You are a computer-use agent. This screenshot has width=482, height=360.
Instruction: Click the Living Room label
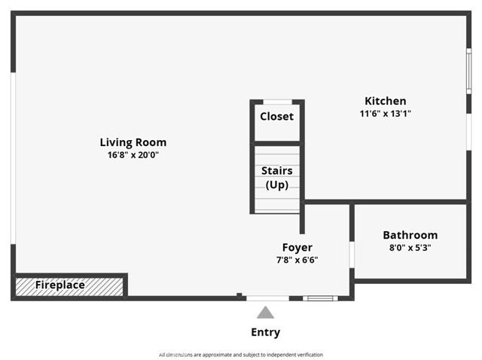pyautogui.click(x=133, y=142)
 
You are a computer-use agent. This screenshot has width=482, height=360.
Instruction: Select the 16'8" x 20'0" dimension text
pyautogui.click(x=133, y=155)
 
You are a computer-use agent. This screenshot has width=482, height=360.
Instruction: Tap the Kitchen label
pyautogui.click(x=385, y=101)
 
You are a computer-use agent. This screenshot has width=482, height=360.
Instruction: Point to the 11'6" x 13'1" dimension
pyautogui.click(x=385, y=114)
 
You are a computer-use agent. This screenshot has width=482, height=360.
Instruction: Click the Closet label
pyautogui.click(x=276, y=117)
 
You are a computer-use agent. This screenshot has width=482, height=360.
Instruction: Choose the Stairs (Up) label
pyautogui.click(x=276, y=178)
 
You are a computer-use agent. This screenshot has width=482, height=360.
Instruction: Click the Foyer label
pyautogui.click(x=297, y=247)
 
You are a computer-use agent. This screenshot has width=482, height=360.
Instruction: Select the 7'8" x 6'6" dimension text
pyautogui.click(x=297, y=260)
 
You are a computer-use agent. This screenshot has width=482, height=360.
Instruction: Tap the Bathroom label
pyautogui.click(x=410, y=235)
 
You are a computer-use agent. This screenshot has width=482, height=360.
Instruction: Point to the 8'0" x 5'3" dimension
pyautogui.click(x=410, y=248)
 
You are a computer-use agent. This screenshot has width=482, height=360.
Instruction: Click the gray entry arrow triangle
pyautogui.click(x=265, y=313)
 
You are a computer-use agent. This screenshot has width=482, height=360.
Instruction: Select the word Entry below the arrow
pyautogui.click(x=265, y=332)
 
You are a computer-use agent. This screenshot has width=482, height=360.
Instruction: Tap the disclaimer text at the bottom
pyautogui.click(x=240, y=354)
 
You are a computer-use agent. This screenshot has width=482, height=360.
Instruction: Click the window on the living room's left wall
pyautogui.click(x=13, y=157)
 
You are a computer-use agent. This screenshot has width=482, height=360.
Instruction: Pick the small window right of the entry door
pyautogui.click(x=320, y=298)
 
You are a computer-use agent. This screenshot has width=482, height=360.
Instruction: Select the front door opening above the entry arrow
pyautogui.click(x=267, y=298)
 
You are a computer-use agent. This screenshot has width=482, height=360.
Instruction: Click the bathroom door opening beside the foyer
pyautogui.click(x=352, y=254)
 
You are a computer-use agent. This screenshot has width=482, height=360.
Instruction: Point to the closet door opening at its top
pyautogui.click(x=276, y=101)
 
